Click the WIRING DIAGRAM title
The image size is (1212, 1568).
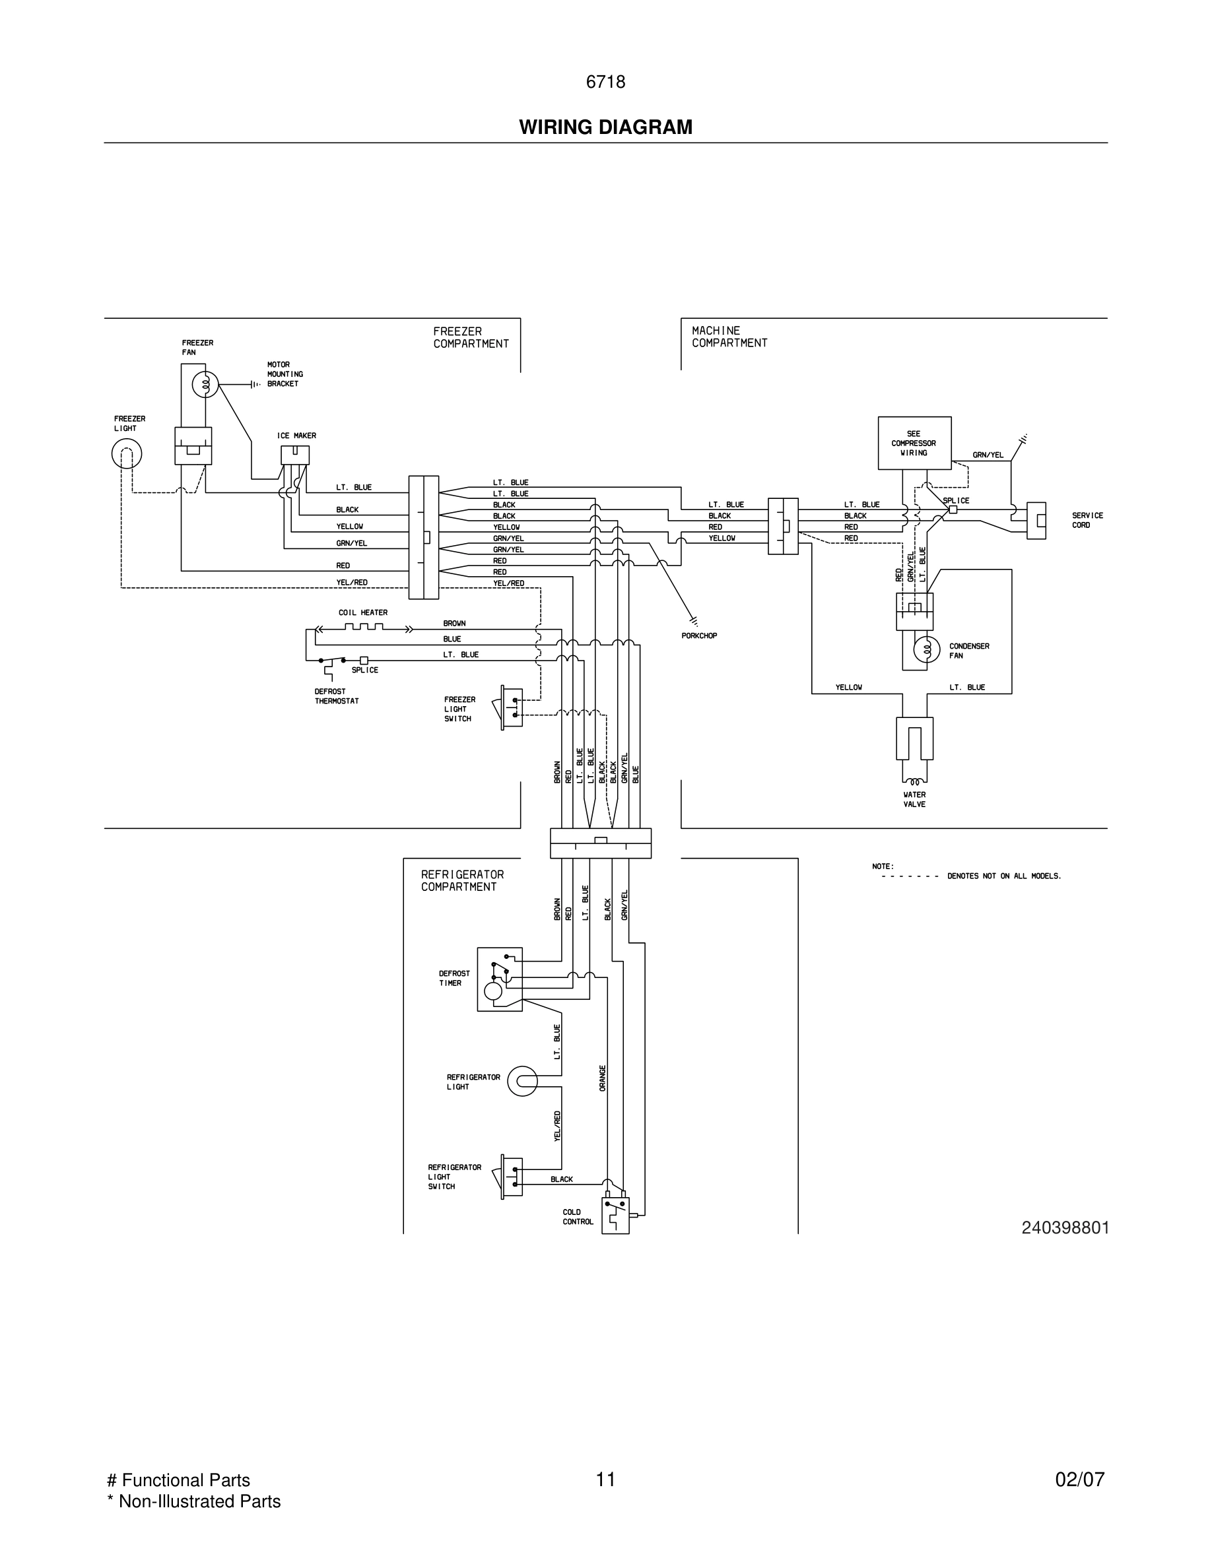click(605, 127)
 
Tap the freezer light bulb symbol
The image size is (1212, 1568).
click(126, 454)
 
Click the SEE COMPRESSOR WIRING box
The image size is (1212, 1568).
click(914, 443)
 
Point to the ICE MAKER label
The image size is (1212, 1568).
click(296, 436)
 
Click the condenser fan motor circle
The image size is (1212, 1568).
click(926, 650)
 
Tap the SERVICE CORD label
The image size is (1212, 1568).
click(1087, 520)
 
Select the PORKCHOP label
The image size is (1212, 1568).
click(699, 636)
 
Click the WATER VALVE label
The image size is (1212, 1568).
click(914, 799)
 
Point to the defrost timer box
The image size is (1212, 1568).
click(500, 979)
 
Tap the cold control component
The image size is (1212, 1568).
click(615, 1215)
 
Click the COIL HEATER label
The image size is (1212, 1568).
click(362, 612)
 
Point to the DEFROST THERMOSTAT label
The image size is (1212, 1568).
click(336, 696)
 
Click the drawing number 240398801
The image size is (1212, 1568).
click(1065, 1227)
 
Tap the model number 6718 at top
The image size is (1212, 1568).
click(605, 82)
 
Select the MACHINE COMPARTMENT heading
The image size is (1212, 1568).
click(729, 337)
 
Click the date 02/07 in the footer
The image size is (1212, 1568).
click(1079, 1480)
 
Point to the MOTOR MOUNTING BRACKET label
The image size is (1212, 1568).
click(285, 374)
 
